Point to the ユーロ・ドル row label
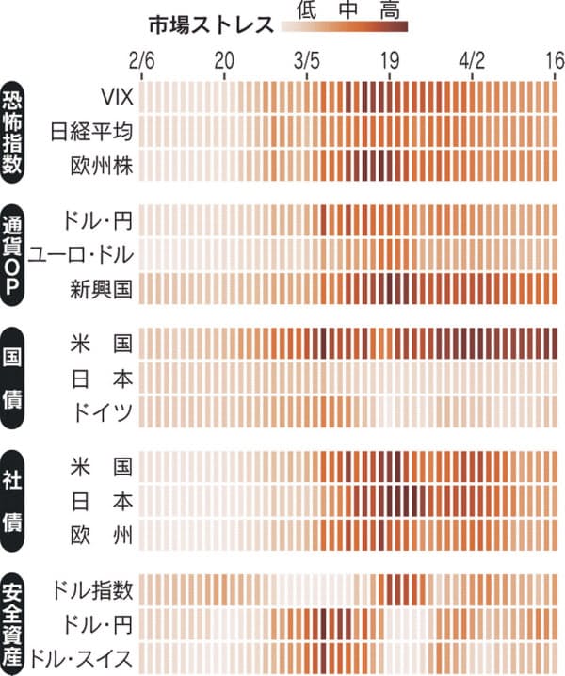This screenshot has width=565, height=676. (x=81, y=253)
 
